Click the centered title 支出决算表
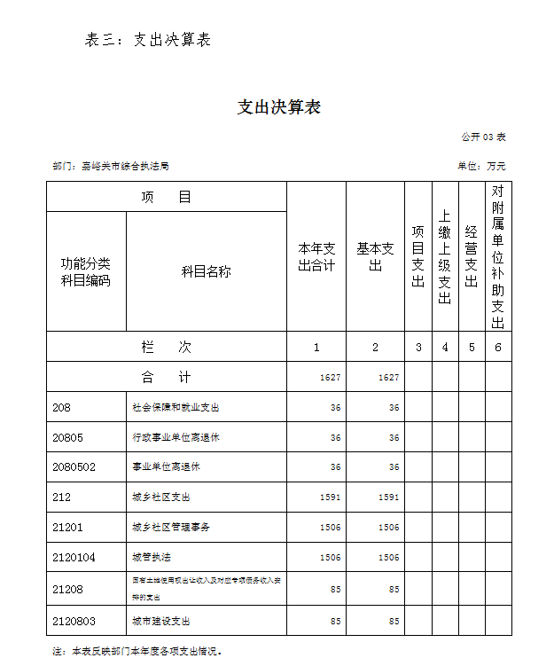(x=278, y=107)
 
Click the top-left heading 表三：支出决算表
(x=148, y=39)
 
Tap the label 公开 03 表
(x=483, y=137)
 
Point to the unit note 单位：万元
(x=481, y=166)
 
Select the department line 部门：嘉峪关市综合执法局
(x=111, y=166)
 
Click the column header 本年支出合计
(x=316, y=256)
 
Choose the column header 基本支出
(x=375, y=256)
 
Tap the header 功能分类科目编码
(x=86, y=271)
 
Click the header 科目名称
(x=207, y=271)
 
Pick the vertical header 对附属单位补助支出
(x=498, y=256)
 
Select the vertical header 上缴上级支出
(x=445, y=256)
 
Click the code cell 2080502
(x=74, y=467)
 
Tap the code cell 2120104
(x=74, y=558)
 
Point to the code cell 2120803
(x=74, y=621)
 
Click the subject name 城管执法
(x=152, y=558)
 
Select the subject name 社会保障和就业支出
(x=176, y=407)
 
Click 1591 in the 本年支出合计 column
(x=330, y=498)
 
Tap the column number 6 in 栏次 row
(x=498, y=347)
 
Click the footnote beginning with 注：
(x=137, y=651)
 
